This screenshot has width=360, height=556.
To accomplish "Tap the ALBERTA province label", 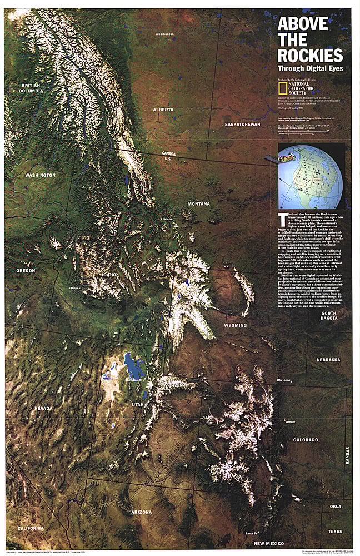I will coord(163,110).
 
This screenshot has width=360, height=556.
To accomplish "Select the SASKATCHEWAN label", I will coord(242,125).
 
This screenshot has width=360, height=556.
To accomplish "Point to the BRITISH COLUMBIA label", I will coord(32,88).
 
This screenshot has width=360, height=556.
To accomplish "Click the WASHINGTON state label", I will coord(40,175).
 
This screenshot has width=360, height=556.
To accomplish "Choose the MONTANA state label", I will coord(198,204).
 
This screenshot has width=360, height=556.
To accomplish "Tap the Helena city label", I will coord(165,219).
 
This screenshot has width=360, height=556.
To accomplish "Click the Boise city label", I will coord(73,289).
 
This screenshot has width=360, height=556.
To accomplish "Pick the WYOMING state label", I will coord(236,325).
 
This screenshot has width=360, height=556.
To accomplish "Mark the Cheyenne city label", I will coord(283,380).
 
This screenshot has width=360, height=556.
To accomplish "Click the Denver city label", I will coord(290,422).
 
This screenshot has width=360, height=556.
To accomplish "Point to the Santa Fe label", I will coord(251,533).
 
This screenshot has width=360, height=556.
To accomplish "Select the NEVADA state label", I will coord(43,409).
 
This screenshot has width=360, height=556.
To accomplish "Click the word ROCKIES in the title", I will coord(310,56).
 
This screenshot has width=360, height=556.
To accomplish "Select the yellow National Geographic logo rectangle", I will coord(283,87).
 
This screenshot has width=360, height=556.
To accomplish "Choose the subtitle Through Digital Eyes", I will coord(310,69).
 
